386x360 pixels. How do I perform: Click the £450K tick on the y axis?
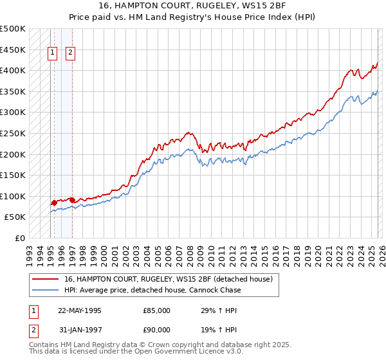[x=13, y=50]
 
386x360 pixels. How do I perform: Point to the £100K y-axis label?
[x=13, y=196]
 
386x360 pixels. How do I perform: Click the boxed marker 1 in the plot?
[x=52, y=54]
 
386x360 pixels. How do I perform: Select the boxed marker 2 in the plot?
[x=69, y=54]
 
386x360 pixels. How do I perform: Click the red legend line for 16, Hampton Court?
[x=46, y=280]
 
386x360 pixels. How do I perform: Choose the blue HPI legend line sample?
[x=46, y=291]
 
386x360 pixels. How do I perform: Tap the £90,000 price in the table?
[x=157, y=330]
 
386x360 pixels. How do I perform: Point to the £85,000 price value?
[x=157, y=310]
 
